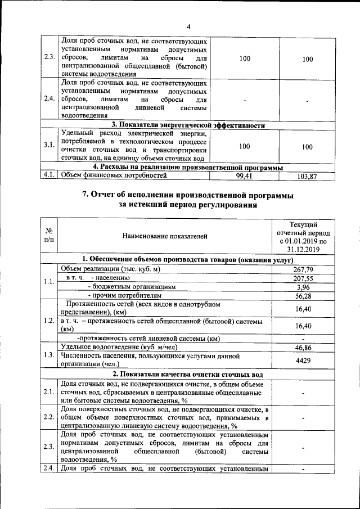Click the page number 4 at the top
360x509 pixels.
click(x=190, y=27)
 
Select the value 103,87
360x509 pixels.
click(x=307, y=177)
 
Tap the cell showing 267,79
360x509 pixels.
click(x=303, y=269)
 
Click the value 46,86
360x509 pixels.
click(x=303, y=348)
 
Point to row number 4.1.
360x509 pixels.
click(x=49, y=176)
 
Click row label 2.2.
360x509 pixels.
click(x=49, y=417)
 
